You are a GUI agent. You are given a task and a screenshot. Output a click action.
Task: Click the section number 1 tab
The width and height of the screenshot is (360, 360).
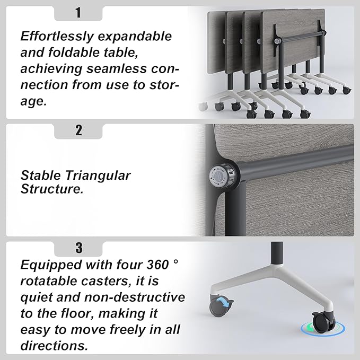[x=78, y=13]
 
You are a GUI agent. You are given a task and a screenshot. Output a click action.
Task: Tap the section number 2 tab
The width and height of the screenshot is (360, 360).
[x=78, y=131]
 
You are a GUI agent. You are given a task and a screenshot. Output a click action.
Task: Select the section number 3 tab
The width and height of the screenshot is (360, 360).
[x=78, y=249]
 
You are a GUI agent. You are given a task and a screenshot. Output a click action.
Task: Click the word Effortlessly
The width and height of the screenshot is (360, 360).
[x=57, y=37]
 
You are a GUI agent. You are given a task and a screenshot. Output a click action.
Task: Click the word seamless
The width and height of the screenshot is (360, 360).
[x=116, y=68]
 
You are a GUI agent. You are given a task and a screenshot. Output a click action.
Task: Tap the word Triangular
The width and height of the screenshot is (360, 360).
[x=98, y=176]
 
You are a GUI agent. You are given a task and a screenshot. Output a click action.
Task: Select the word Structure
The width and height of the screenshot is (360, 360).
[x=52, y=189]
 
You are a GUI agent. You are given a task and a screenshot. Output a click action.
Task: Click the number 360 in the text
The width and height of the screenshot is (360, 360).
[x=157, y=265]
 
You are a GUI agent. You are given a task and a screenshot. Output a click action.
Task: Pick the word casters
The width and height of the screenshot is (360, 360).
[x=106, y=281]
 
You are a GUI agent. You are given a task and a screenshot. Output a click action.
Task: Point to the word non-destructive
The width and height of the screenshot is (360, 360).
[x=135, y=297]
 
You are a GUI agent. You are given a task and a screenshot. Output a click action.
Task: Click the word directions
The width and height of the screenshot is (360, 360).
[x=54, y=346]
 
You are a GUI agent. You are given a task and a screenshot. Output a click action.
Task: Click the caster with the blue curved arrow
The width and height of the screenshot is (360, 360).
[x=221, y=305]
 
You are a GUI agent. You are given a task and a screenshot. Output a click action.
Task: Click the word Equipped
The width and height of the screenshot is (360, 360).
[x=51, y=266]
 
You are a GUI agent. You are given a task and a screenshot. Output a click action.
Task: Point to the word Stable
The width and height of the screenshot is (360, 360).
[x=41, y=175]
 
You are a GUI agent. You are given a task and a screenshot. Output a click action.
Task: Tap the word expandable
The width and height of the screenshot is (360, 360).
[x=135, y=37]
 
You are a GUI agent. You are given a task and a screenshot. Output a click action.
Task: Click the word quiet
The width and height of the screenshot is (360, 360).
[x=37, y=298]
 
